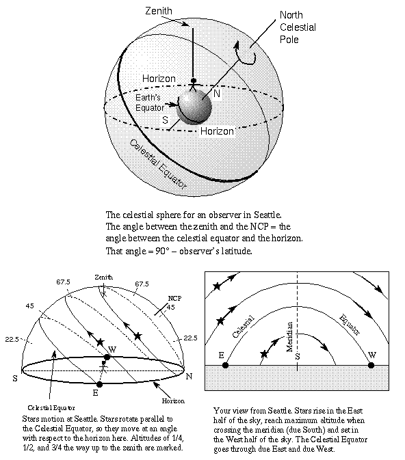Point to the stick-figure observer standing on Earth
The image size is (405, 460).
194,85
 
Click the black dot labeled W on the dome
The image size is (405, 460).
107,357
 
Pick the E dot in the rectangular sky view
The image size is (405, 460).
225,365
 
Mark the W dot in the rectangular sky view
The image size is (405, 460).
371,365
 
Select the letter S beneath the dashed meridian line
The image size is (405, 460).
297,356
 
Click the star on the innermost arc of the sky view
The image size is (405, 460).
265,354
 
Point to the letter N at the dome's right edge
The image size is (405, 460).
189,377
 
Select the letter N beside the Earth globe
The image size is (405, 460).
216,93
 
